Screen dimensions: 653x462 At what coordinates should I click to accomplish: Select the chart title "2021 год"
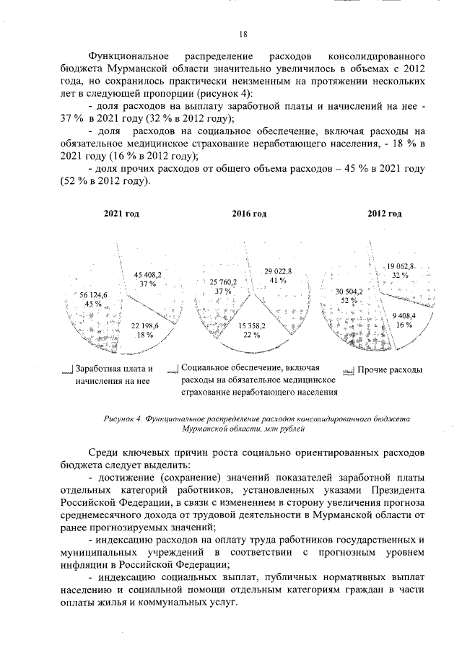(x=121, y=214)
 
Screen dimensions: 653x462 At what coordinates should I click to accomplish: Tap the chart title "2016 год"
(x=249, y=214)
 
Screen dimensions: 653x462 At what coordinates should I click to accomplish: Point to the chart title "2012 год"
(x=384, y=214)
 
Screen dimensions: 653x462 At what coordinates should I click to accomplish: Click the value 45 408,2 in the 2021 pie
(x=149, y=274)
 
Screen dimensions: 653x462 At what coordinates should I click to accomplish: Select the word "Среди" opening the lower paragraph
(x=105, y=450)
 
